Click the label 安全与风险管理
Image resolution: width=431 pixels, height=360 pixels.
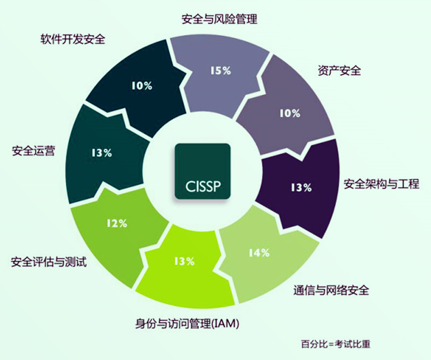point(219,20)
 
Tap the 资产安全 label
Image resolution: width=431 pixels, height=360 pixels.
point(339,71)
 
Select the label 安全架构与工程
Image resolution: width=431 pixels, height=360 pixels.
point(381,184)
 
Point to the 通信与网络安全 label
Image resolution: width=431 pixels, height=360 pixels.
point(331,290)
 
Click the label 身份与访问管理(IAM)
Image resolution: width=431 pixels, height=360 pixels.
point(187,323)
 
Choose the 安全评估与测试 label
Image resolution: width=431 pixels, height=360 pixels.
point(49,261)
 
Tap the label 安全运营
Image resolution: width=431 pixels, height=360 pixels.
point(33,151)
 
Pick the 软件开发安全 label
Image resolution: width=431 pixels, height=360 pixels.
point(73,39)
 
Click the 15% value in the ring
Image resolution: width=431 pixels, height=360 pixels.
point(221,71)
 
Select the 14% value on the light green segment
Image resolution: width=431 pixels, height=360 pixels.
point(259,252)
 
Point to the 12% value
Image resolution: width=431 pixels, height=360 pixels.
point(117,223)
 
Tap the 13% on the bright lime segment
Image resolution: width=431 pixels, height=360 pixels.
point(184,261)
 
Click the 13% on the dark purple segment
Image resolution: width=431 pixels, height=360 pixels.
point(302,188)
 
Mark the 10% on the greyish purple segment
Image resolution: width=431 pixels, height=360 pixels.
point(290,113)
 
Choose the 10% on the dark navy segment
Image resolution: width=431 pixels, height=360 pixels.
point(142,86)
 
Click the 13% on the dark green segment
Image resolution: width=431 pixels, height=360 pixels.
point(102,153)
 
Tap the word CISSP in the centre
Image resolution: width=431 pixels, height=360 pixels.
point(203,186)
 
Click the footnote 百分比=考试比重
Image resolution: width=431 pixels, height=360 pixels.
point(336,344)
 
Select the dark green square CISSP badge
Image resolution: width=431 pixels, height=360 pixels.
point(203,171)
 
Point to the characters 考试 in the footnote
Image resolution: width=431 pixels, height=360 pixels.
point(344,344)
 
